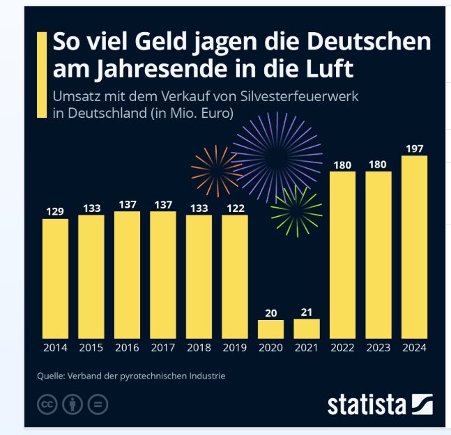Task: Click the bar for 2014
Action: [56, 279]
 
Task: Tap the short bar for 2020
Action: [270, 329]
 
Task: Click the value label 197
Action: [415, 148]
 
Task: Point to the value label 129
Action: [56, 211]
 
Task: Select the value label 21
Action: [307, 312]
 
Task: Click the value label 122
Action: [235, 207]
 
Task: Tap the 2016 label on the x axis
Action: [128, 347]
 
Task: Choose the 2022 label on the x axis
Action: [343, 347]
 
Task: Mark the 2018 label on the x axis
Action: [199, 347]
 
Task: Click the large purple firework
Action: [277, 158]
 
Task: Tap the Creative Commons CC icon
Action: [47, 404]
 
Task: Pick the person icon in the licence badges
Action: [72, 404]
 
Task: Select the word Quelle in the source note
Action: [52, 376]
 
